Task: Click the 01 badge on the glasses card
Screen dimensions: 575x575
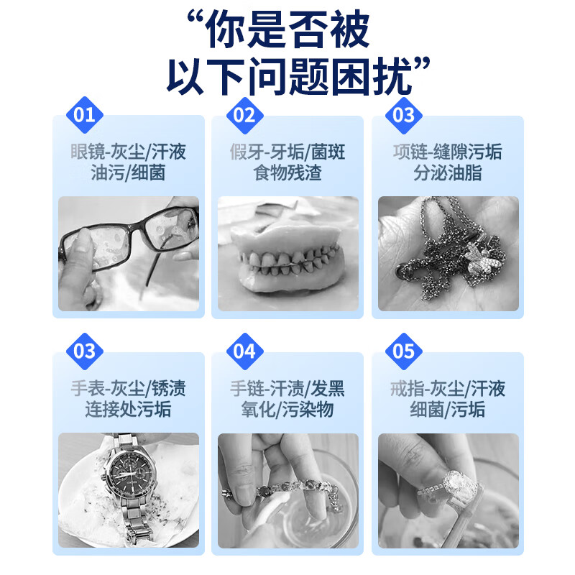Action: point(85,115)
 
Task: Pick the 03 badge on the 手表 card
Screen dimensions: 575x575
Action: point(85,351)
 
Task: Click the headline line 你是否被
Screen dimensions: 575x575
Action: point(287,30)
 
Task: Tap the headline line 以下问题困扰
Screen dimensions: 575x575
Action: point(287,75)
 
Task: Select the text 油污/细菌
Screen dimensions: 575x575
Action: point(129,173)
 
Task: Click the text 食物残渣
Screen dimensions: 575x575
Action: point(287,173)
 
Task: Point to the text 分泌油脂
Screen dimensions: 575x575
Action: point(447,173)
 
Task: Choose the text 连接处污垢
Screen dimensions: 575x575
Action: point(129,410)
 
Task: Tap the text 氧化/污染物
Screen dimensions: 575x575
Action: point(287,410)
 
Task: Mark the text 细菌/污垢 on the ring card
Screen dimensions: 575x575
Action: point(447,410)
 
